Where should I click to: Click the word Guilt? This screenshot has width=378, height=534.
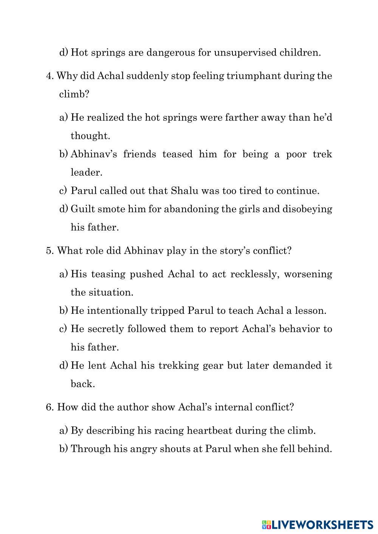coord(81,209)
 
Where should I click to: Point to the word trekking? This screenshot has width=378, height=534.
coord(179,366)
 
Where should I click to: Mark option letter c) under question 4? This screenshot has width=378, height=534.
coord(63,191)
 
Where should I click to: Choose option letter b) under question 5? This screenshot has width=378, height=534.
coord(63,311)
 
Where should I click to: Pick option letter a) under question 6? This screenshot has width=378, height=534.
coord(63,431)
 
